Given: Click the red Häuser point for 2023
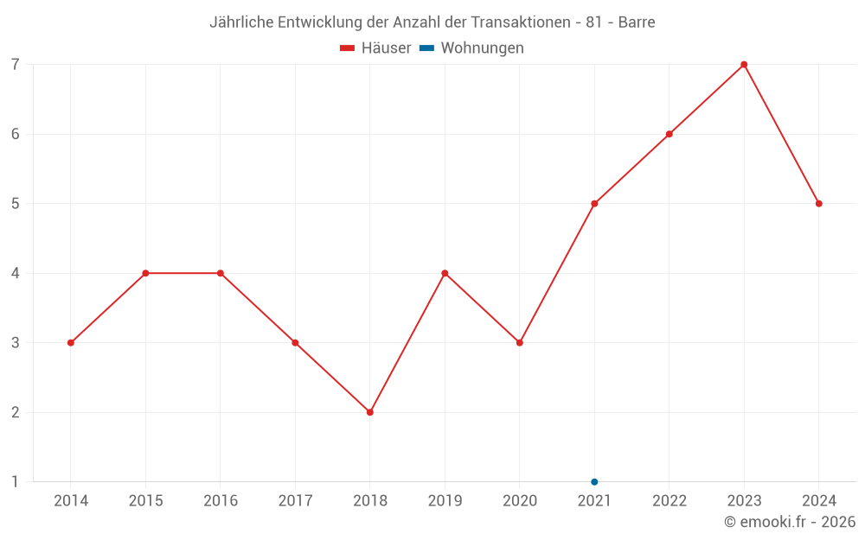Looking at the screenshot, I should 744,65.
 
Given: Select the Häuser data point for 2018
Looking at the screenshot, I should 370,412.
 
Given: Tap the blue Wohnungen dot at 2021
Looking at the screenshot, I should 594,481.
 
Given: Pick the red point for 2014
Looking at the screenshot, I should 71,343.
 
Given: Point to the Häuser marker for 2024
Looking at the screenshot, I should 818,204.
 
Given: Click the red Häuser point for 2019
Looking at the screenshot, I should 445,273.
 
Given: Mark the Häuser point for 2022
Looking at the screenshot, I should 669,134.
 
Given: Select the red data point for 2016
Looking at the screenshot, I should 221,273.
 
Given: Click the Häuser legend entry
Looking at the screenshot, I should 375,48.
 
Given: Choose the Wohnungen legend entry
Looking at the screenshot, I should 472,48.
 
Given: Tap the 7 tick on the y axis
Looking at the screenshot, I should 16,65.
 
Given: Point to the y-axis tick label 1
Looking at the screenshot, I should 16,482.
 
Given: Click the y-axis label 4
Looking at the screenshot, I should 16,273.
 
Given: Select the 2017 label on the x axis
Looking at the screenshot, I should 295,501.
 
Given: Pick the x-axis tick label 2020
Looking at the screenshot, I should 519,501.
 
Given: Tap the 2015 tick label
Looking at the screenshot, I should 145,501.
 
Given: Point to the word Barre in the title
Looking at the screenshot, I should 636,22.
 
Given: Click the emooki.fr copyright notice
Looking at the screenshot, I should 789,522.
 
